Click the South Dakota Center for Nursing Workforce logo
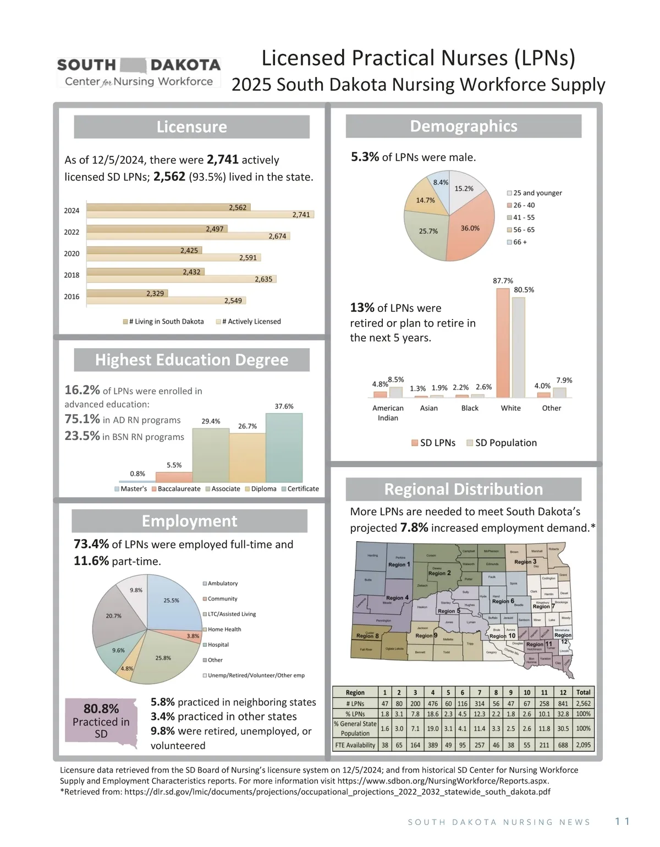(139, 73)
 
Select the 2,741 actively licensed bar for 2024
(220, 215)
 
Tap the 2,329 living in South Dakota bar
(127, 294)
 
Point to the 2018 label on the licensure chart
(71, 275)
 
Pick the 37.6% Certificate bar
(284, 448)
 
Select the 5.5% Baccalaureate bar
(174, 477)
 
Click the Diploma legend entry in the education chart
(261, 489)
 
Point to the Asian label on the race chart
(429, 408)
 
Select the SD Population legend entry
(502, 443)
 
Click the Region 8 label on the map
(367, 636)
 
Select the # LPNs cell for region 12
(563, 703)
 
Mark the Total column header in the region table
(583, 692)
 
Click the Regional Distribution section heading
(463, 489)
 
